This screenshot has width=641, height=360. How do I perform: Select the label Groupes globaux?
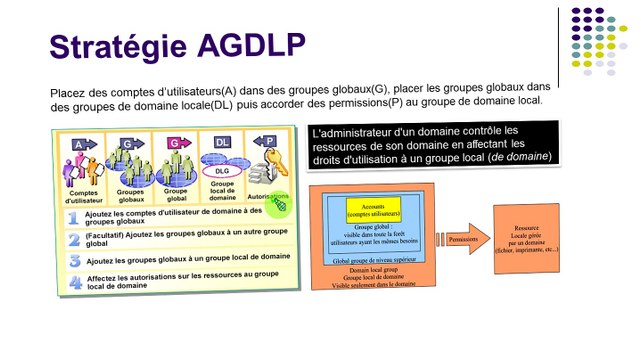coord(129,192)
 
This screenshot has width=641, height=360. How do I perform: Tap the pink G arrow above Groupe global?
coord(174,144)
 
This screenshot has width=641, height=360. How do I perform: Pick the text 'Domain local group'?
coord(371,270)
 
